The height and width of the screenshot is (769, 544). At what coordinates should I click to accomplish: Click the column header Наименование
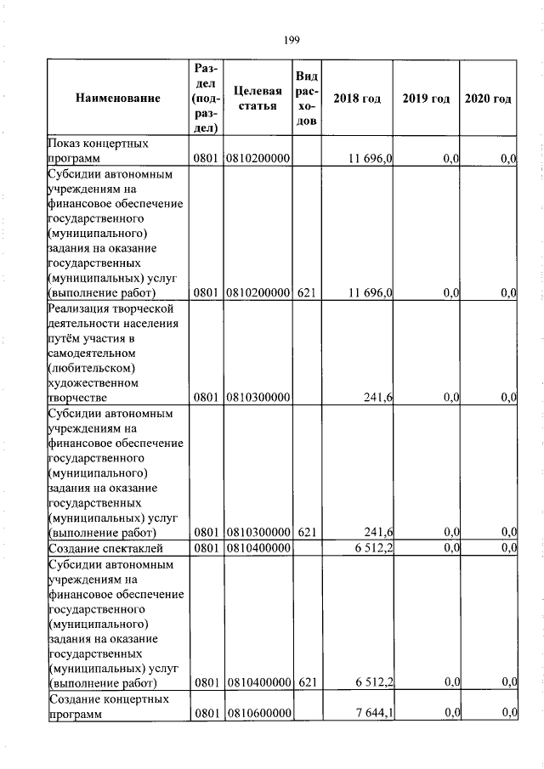click(117, 99)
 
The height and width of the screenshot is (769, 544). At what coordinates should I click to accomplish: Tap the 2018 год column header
click(356, 99)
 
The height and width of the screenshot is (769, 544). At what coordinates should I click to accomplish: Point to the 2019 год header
click(425, 99)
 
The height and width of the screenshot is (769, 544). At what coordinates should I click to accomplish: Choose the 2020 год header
click(488, 99)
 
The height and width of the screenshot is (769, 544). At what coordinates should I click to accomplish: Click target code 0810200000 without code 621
click(259, 159)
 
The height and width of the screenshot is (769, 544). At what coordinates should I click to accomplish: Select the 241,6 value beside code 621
click(374, 532)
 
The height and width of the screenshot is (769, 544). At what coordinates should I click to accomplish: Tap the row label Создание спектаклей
click(94, 547)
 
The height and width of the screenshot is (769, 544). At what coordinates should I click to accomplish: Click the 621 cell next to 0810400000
click(307, 682)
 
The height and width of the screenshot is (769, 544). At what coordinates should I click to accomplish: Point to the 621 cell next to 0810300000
click(307, 532)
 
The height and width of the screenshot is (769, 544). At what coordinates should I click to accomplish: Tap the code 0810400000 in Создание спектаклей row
click(259, 547)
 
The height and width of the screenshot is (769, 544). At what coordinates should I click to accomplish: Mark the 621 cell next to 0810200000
click(307, 292)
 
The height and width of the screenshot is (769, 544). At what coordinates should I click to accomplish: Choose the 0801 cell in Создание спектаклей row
click(207, 547)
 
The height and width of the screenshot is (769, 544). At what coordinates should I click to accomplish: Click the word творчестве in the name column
click(77, 397)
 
